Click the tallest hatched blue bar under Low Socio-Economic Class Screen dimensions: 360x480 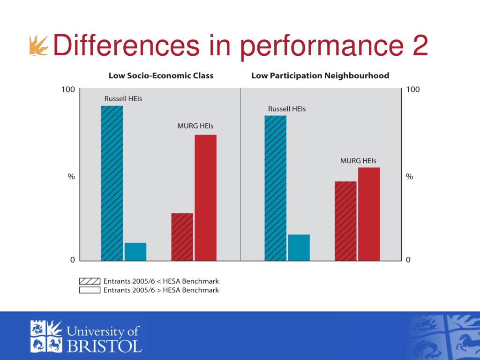(x=112, y=183)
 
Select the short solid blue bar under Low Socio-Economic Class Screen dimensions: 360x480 (x=135, y=251)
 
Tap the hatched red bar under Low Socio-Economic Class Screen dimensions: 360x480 (x=182, y=237)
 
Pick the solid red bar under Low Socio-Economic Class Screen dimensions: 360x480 (x=205, y=197)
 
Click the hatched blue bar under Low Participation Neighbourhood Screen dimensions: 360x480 (x=275, y=187)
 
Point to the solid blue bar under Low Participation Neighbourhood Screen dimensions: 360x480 (x=299, y=247)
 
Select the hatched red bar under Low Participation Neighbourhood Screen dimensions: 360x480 (x=345, y=220)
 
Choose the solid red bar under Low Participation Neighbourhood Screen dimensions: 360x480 (x=369, y=214)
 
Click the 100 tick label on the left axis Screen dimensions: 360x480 (x=68, y=90)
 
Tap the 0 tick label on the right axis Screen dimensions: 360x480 (x=408, y=260)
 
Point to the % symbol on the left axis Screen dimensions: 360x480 (x=71, y=177)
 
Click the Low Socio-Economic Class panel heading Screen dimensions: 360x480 (x=161, y=75)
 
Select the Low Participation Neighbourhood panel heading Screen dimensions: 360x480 (x=320, y=75)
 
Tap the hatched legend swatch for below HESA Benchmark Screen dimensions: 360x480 (x=89, y=281)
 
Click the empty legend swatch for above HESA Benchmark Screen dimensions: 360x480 (x=89, y=290)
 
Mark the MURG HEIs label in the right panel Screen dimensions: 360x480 (x=358, y=160)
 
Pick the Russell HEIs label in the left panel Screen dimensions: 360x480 (x=123, y=99)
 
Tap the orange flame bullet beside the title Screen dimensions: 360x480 (x=38, y=46)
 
